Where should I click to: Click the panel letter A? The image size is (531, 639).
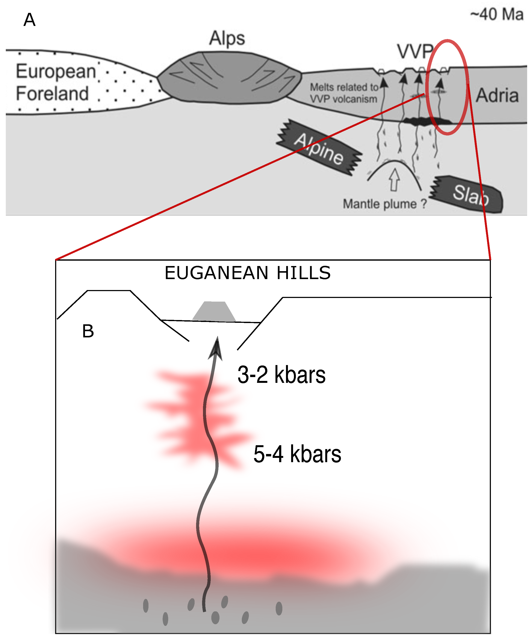30,20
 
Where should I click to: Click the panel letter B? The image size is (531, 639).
88,331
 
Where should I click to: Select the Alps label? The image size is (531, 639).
227,39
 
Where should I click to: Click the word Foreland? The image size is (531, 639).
52,93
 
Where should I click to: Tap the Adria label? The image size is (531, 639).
497,96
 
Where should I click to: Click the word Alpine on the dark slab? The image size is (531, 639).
319,149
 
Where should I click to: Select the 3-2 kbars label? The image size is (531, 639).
281,375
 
